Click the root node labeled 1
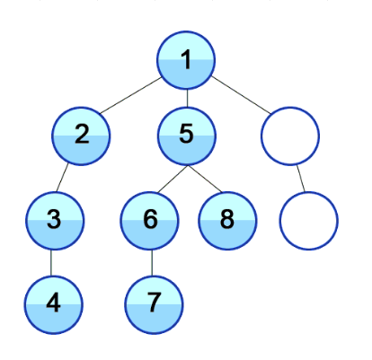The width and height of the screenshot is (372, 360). [x=186, y=60]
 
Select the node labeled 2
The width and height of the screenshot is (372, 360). [x=81, y=136]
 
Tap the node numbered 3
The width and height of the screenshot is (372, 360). [x=54, y=221]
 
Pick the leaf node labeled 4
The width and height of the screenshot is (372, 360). [x=54, y=305]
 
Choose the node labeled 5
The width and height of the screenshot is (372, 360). [x=187, y=136]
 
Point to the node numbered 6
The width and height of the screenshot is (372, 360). [x=150, y=221]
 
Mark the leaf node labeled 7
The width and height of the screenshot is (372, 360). [x=154, y=305]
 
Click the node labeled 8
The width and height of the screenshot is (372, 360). [x=227, y=221]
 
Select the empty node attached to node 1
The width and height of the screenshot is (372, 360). [x=290, y=136]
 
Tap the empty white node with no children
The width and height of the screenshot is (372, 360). [x=309, y=221]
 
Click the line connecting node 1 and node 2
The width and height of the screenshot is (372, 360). [x=131, y=95]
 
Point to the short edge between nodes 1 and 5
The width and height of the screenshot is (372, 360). [x=187, y=99]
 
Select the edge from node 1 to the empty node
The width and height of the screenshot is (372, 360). [x=241, y=95]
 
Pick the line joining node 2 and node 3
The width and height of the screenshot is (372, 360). [x=62, y=178]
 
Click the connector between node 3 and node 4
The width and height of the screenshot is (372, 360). [x=51, y=263]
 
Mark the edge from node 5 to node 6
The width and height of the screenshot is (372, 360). [x=173, y=179]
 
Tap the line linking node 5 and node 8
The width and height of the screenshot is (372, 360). [x=205, y=179]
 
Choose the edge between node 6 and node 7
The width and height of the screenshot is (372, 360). [x=152, y=263]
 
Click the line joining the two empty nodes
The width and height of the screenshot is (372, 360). [x=301, y=179]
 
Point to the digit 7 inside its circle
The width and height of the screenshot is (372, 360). [x=155, y=303]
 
